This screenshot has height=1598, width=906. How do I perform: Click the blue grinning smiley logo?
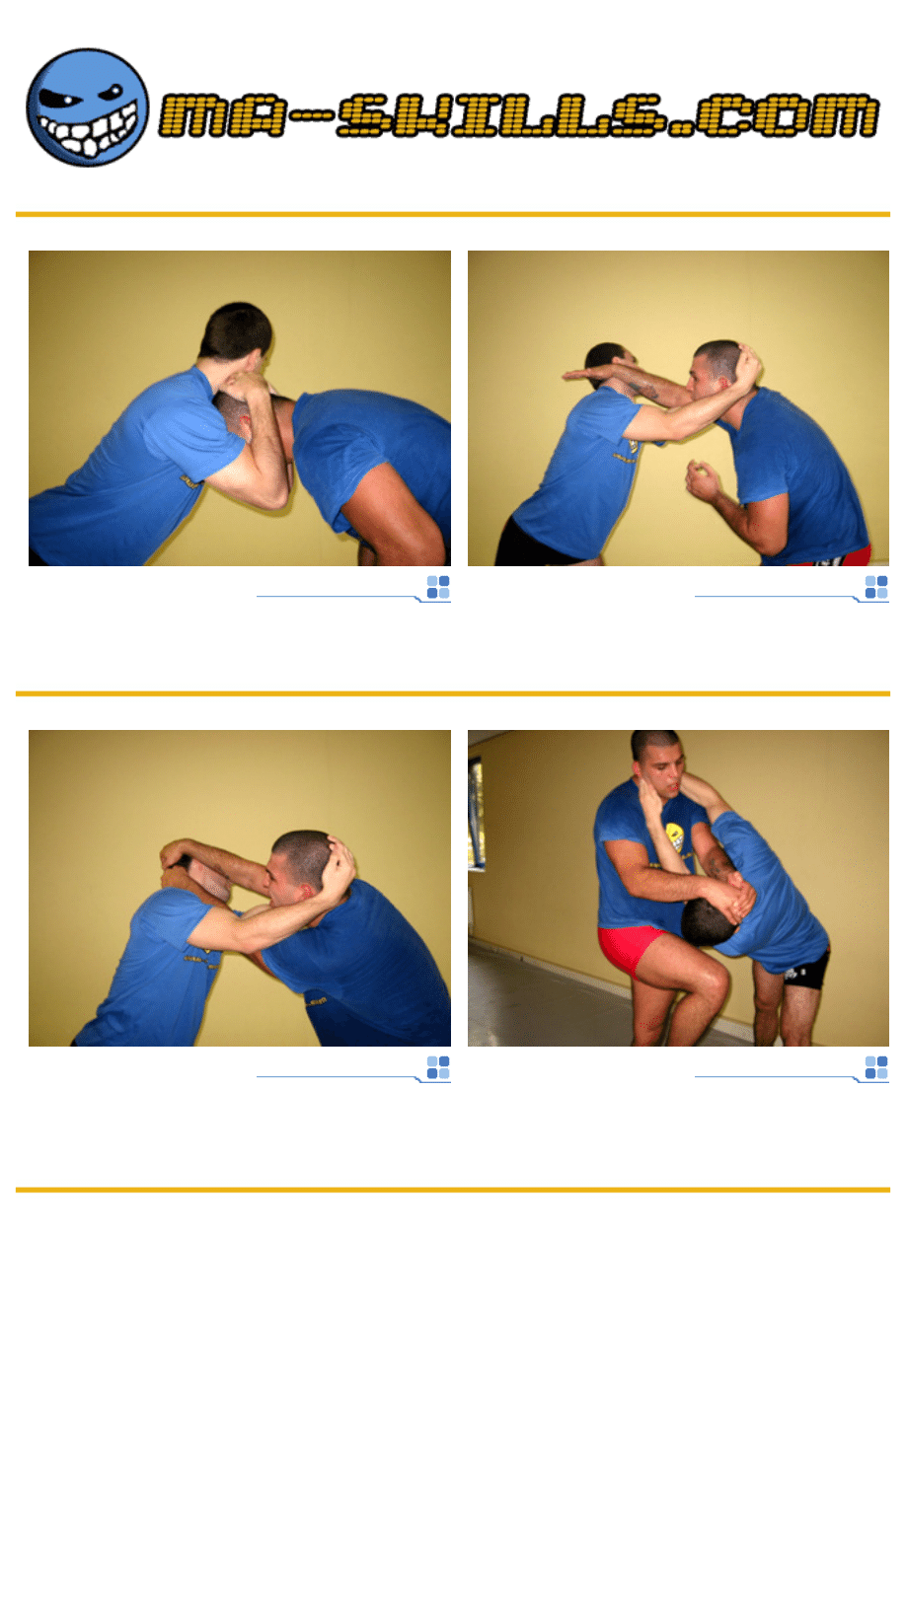88,108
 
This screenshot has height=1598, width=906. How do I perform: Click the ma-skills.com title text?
518,114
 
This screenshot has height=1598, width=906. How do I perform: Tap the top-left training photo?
239,408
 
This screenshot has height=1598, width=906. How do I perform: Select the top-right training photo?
678,408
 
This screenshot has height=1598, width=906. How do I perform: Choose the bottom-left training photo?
239,888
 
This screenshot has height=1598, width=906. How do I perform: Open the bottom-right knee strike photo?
678,888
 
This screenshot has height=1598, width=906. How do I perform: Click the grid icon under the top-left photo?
438,587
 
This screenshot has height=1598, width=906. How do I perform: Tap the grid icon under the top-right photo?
876,587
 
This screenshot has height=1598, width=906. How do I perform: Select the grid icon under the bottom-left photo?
438,1067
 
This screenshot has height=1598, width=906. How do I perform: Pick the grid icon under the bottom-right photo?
876,1067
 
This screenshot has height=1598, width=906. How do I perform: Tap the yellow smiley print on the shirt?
673,836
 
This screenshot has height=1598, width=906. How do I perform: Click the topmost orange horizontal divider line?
453,214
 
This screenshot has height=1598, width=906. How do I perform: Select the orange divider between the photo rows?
453,693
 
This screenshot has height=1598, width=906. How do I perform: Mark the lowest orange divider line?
453,1190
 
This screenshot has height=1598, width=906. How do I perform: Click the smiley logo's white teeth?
88,132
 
